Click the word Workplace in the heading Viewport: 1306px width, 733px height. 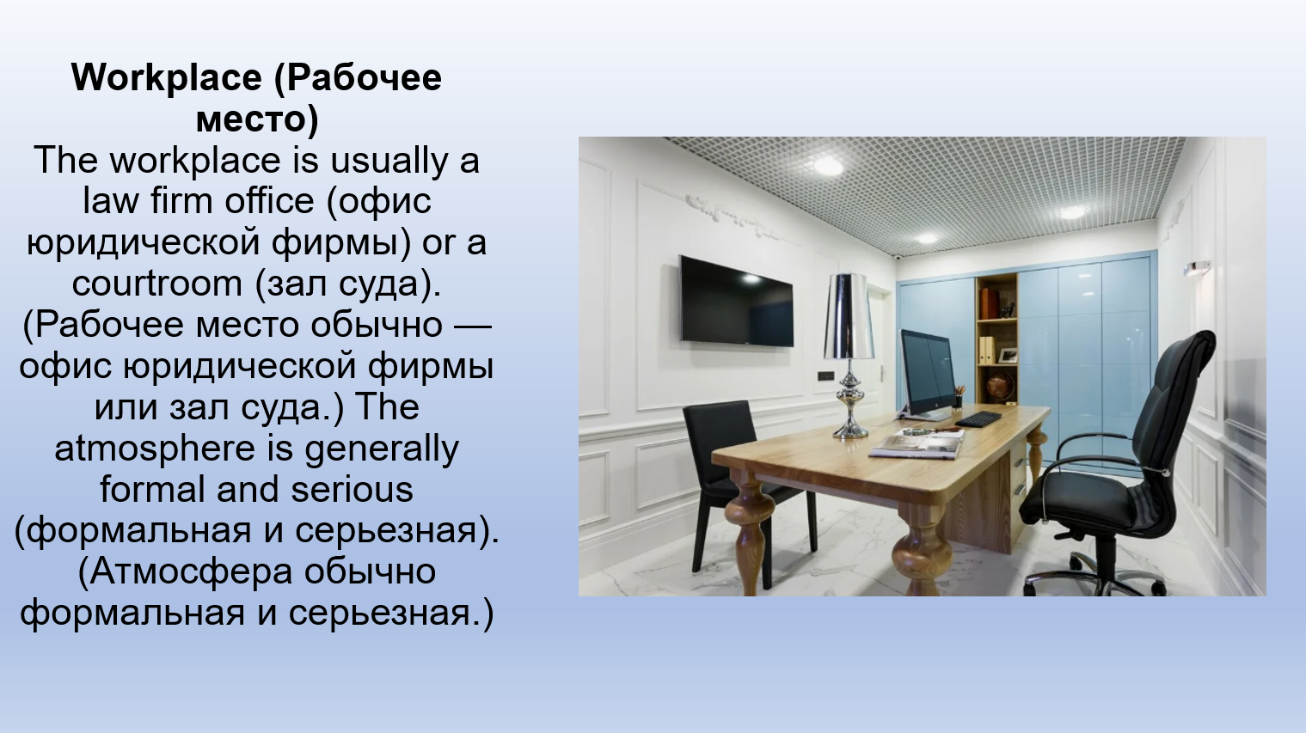[167, 78]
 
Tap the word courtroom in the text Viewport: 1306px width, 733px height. [157, 284]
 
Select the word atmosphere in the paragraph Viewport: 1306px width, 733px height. [155, 449]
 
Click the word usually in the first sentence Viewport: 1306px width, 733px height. [389, 161]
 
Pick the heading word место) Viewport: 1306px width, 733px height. [257, 119]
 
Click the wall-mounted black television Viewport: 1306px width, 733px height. [736, 302]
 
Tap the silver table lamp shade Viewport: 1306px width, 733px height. [849, 316]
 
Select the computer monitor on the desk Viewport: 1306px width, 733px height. [929, 373]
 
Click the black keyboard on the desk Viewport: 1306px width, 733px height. [978, 418]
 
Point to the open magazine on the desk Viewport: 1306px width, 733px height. [917, 445]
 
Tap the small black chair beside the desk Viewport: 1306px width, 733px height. [740, 484]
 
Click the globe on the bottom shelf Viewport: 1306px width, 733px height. [1001, 386]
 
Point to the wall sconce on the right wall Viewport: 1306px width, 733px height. [1197, 268]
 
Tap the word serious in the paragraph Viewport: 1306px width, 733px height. [353, 490]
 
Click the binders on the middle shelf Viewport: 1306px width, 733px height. [986, 351]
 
